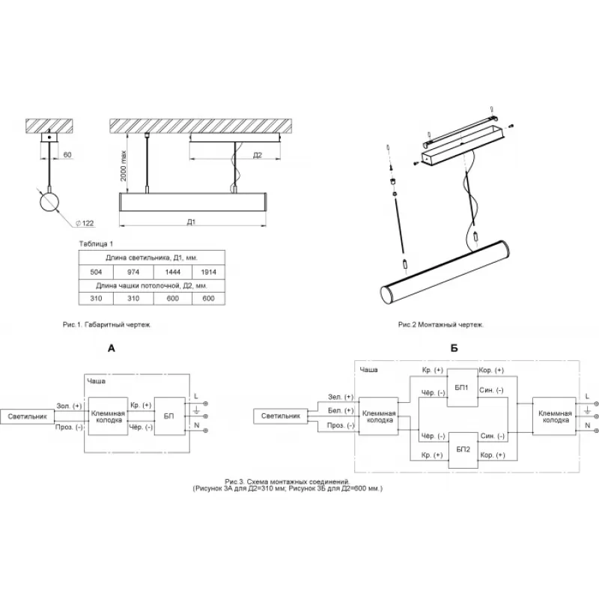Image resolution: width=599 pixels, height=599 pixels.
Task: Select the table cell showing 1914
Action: coord(208,271)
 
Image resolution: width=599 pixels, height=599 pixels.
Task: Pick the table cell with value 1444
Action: coord(172,271)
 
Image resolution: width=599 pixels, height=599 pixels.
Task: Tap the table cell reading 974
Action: coord(133,271)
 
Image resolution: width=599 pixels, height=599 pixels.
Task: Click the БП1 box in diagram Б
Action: coord(461,389)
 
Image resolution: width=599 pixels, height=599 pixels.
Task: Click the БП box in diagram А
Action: coord(168,416)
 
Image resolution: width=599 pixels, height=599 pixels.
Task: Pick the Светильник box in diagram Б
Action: coord(280,416)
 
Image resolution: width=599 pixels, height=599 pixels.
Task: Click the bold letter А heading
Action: coord(111,348)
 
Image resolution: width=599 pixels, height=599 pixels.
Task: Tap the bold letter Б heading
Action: coord(454,348)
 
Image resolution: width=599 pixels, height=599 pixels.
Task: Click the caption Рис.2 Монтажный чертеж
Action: coord(440,325)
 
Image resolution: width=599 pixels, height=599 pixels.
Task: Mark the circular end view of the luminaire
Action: coord(49,201)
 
